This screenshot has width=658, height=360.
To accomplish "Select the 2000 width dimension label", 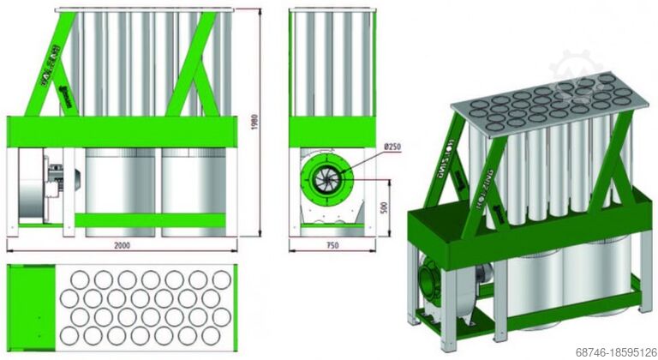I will click(122, 245).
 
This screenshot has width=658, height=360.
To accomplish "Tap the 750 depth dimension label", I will click(332, 245).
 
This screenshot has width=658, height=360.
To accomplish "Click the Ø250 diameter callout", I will click(392, 147).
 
